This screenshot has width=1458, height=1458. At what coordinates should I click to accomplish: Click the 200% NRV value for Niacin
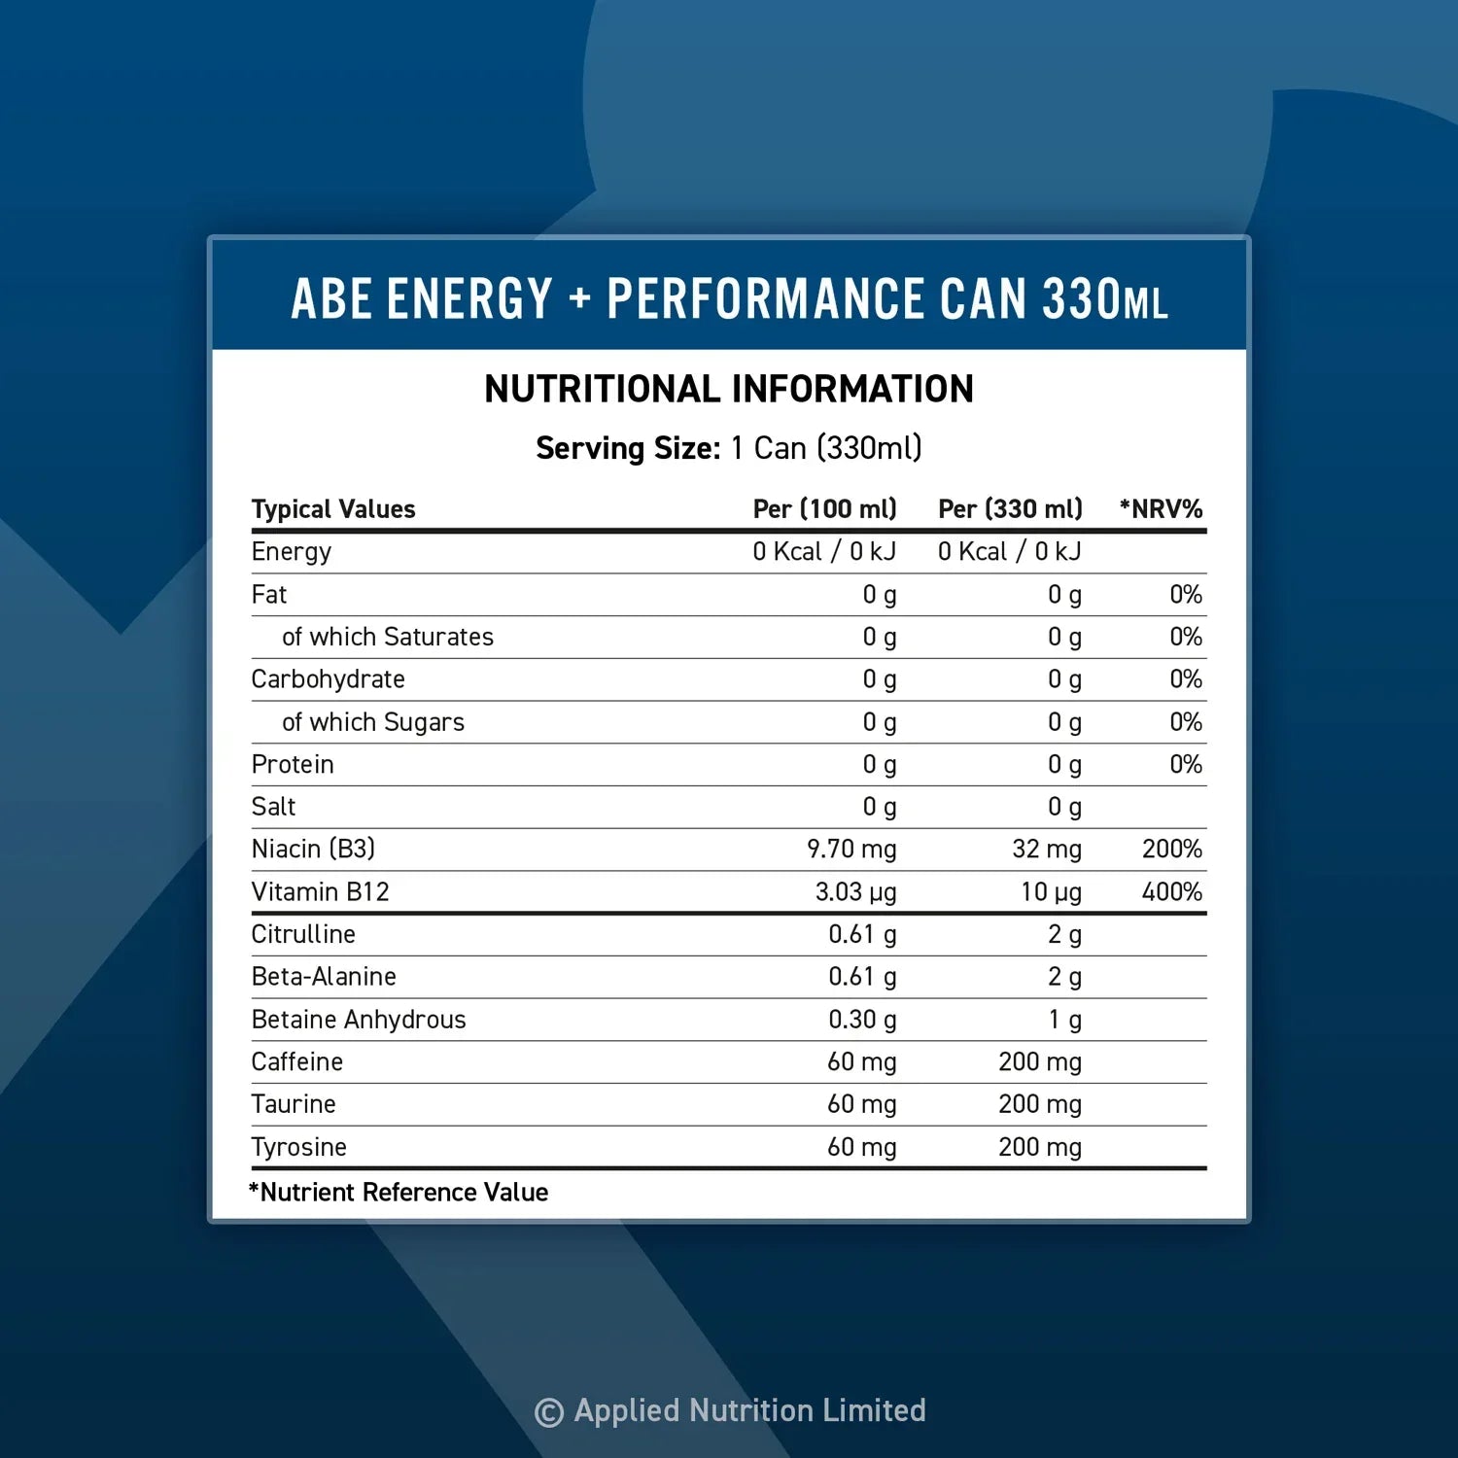[1171, 849]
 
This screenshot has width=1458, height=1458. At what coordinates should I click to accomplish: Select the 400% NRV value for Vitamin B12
[1171, 891]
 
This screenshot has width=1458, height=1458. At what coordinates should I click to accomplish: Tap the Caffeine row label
[296, 1061]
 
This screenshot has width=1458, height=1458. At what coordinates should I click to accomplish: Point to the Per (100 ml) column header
[824, 508]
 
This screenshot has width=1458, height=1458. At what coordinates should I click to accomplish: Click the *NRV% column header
[1161, 508]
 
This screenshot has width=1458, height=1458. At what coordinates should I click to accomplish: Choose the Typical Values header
[332, 508]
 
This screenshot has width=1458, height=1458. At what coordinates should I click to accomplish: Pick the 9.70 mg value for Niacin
[851, 849]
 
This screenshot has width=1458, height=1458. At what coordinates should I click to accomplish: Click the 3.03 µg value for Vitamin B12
[855, 891]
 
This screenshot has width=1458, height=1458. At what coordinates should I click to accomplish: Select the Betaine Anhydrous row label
[358, 1019]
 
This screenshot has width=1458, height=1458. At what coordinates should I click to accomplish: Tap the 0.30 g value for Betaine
[862, 1019]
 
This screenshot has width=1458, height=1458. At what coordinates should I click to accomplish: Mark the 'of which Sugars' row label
[372, 721]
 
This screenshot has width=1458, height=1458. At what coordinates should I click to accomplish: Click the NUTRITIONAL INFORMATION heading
[729, 389]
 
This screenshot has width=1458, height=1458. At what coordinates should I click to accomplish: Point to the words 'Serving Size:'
[628, 448]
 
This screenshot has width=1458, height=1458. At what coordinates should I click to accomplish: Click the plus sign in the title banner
[580, 297]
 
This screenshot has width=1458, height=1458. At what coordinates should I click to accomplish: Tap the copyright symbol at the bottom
[549, 1411]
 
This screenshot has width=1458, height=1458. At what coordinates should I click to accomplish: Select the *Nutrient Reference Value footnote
[399, 1192]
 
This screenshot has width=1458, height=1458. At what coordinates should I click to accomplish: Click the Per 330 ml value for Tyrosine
[1039, 1147]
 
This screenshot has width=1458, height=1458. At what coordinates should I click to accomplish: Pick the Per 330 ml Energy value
[1009, 551]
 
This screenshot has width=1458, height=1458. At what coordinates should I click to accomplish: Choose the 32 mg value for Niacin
[1046, 849]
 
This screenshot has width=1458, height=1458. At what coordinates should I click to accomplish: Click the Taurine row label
[293, 1104]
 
